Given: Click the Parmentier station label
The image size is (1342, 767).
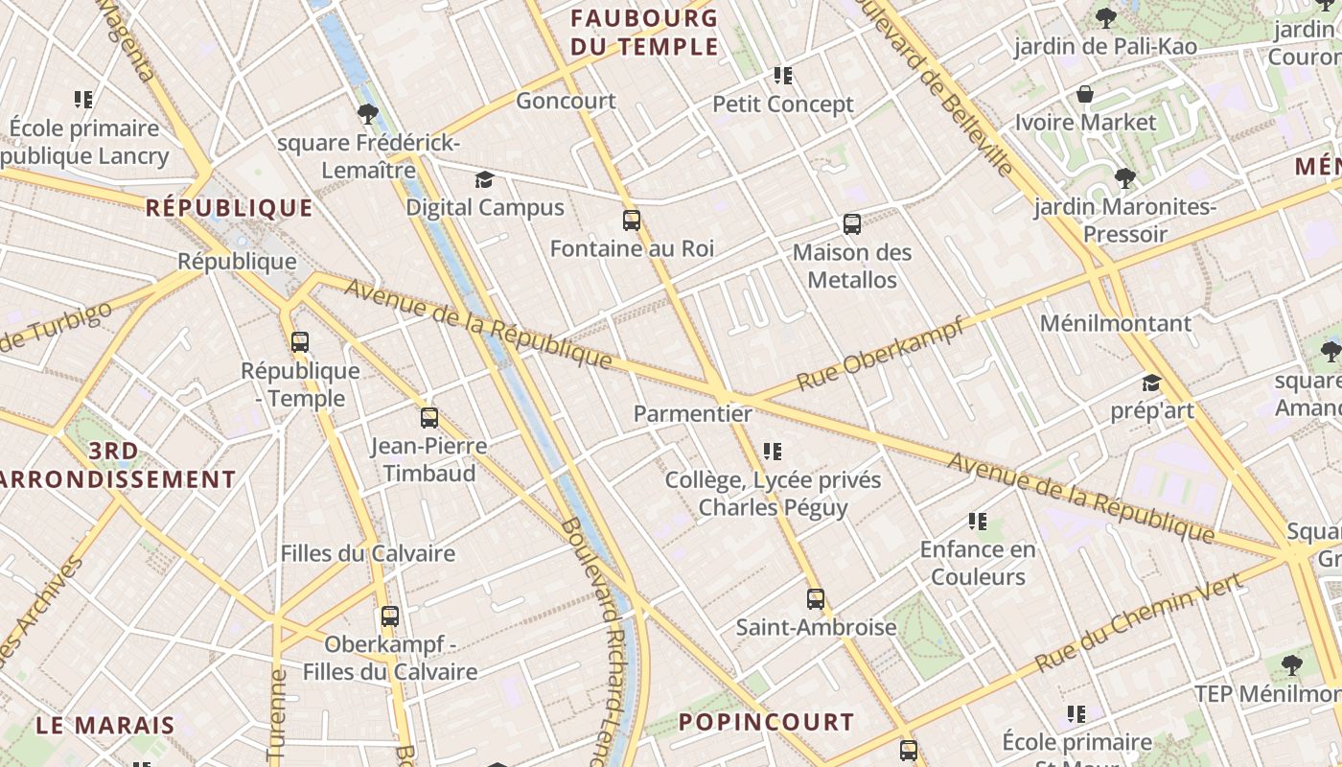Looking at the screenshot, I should coord(692,413).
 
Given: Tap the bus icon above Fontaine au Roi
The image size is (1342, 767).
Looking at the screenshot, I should coord(631,221).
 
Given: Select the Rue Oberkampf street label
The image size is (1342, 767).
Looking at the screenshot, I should coord(880,354).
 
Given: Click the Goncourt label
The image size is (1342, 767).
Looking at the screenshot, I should coord(566,101).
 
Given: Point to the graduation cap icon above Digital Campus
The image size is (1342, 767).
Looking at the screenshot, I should coord(484,179).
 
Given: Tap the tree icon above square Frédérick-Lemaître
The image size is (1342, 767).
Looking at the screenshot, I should coord(366,115).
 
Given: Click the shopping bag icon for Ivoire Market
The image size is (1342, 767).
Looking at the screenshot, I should coord(1085,94).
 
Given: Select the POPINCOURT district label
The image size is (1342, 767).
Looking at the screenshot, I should coord(766,722).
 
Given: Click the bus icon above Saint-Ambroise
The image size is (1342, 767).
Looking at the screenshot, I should coord(815,599).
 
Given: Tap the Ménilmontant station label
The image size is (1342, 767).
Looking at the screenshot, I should coord(1115,323).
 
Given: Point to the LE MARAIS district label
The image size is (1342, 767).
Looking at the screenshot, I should coord(105,725).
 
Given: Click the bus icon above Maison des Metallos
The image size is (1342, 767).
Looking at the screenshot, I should coord(851,224).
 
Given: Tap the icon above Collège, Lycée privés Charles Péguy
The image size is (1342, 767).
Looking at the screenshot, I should coord(773,451).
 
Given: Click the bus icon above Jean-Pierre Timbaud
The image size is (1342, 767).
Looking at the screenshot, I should coord(428,418).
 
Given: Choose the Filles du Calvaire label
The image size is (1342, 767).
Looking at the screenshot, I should coord(367,553).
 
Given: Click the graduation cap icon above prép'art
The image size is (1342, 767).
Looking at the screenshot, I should coord(1151,383).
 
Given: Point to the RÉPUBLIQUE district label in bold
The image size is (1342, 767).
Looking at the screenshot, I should coord(229,208).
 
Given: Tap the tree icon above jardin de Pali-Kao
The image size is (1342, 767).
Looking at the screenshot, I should coord(1105,17).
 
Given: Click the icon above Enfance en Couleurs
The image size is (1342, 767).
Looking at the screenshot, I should coord(977,522).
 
